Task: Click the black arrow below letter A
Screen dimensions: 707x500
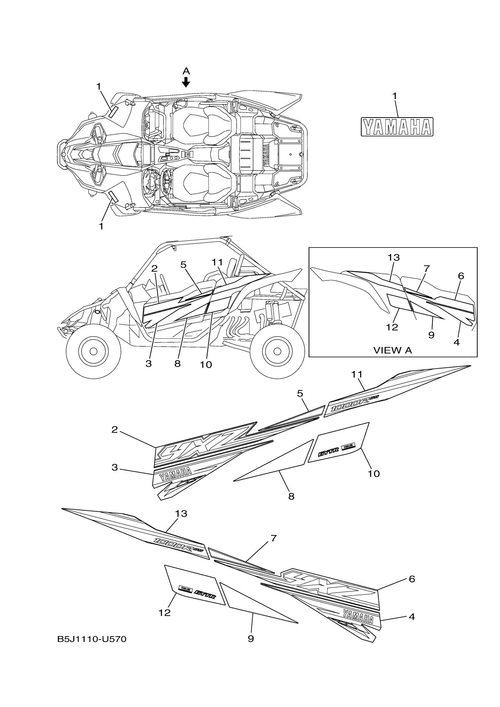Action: [x=186, y=82]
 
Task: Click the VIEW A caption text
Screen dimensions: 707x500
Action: [x=392, y=350]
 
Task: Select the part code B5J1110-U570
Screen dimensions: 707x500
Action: [x=92, y=640]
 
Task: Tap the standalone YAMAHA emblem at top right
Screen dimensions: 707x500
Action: [x=397, y=127]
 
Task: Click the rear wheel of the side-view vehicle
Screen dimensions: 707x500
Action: [x=277, y=351]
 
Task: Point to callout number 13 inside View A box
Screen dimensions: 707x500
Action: [x=394, y=258]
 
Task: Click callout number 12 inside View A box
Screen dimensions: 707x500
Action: [x=392, y=327]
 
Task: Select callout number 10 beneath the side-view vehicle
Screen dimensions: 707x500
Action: [x=206, y=365]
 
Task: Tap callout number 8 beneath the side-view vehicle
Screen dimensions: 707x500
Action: [x=177, y=364]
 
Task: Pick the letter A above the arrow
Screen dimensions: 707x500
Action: [x=186, y=71]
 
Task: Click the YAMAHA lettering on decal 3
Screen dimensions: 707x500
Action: [x=175, y=475]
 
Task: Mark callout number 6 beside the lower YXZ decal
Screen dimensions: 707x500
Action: [x=412, y=579]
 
